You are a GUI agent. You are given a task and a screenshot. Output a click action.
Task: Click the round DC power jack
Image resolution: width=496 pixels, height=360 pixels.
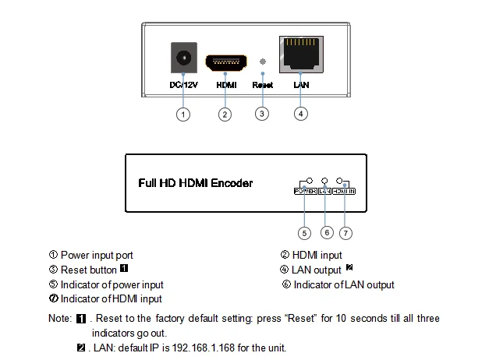[x=183, y=59]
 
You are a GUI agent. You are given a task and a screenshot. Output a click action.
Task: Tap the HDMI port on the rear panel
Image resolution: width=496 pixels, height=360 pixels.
[x=226, y=61]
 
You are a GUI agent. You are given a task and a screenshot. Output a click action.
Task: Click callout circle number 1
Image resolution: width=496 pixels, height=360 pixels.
[x=183, y=115]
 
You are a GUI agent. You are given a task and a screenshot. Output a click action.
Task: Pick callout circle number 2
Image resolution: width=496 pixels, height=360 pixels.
[x=225, y=115]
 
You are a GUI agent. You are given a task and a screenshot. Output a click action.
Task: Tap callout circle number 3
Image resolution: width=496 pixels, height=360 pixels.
[x=262, y=115]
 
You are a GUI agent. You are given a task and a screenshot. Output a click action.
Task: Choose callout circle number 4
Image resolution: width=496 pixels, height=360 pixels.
[x=301, y=115]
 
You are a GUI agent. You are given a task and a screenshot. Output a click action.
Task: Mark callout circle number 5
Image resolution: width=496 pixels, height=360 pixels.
[x=305, y=232]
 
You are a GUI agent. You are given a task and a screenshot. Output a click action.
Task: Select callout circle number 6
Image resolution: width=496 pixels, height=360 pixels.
[x=327, y=232]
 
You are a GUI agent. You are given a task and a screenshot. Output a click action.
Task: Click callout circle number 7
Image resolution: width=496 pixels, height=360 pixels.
[x=346, y=232]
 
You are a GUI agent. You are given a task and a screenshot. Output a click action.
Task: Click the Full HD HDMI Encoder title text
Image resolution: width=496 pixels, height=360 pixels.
[x=195, y=183]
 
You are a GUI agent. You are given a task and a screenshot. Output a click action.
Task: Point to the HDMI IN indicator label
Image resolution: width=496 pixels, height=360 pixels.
[x=344, y=190]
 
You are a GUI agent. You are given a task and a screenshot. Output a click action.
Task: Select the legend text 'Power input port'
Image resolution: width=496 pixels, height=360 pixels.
[x=97, y=255]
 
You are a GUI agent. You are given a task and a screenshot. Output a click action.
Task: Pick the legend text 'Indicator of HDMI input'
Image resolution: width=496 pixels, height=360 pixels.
[x=111, y=298]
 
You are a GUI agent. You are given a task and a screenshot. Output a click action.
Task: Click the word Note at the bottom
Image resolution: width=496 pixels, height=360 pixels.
[x=58, y=318]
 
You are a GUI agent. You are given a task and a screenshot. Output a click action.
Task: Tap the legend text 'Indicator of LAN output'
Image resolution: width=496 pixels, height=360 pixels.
[x=344, y=284]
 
